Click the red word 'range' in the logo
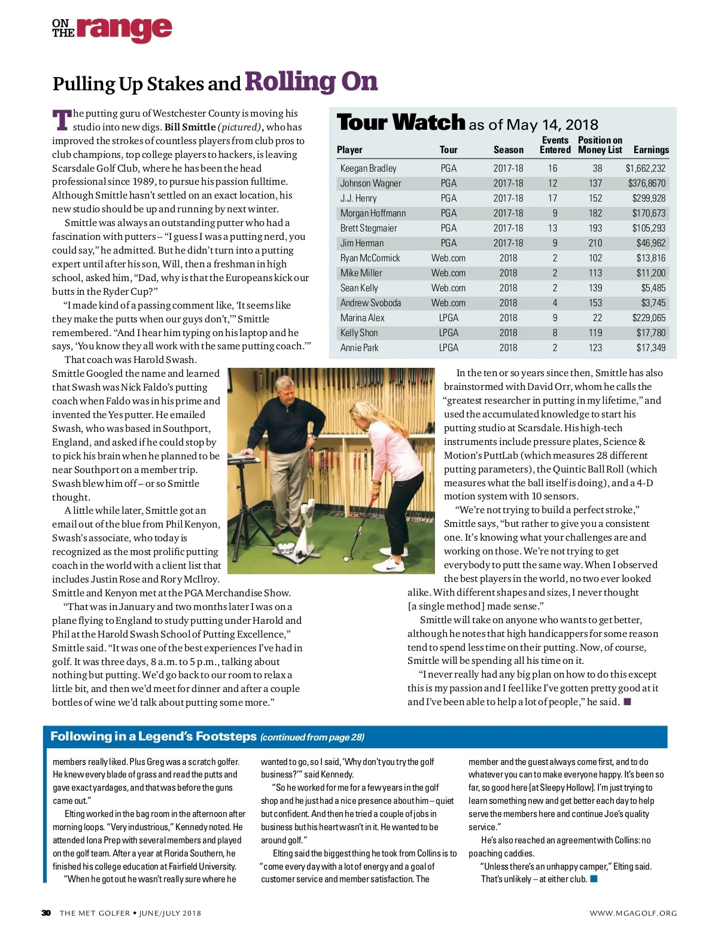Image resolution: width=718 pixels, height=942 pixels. click(124, 29)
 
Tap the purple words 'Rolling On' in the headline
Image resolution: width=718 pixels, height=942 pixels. click(311, 81)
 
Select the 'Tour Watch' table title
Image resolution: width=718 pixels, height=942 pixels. click(401, 123)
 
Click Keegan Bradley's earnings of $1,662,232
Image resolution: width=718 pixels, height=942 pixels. click(645, 169)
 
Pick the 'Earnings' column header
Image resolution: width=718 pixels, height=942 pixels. click(651, 150)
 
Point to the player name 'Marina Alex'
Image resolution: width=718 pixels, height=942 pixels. click(362, 318)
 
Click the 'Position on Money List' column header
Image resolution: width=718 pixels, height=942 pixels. click(600, 145)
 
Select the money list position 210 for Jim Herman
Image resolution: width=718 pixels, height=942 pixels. click(595, 243)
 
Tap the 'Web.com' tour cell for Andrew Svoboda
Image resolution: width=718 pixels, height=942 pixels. click(448, 303)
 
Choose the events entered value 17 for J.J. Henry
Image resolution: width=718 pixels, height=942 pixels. click(552, 199)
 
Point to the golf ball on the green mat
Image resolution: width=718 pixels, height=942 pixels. click(346, 559)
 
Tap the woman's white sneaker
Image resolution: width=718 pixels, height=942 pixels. click(392, 564)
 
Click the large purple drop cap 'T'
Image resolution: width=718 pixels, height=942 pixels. click(62, 120)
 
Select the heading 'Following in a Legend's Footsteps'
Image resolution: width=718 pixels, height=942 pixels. click(153, 736)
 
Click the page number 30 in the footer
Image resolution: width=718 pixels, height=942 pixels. click(46, 913)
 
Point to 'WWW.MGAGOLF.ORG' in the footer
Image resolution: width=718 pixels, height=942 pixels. click(633, 913)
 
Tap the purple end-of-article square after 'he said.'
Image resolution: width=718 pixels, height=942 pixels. click(628, 702)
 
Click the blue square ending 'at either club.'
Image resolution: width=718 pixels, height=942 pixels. click(594, 879)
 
